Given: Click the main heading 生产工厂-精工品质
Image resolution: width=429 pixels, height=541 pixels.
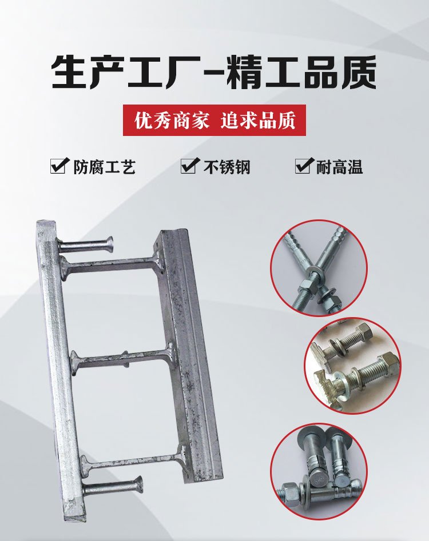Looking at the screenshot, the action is [214, 73].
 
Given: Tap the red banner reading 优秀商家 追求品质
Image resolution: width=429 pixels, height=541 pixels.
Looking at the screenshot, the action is [214, 121].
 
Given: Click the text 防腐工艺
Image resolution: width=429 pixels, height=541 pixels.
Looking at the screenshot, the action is [104, 167].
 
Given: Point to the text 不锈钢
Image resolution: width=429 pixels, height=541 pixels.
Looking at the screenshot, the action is [227, 167].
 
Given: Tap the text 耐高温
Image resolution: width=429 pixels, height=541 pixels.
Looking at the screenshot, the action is [340, 167].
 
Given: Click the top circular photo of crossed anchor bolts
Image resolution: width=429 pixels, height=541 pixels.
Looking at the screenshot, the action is [319, 269].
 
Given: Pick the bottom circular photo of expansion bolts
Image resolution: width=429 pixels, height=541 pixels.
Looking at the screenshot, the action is [319, 471].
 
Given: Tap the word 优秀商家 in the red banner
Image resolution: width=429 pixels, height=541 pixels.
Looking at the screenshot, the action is [172, 121].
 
